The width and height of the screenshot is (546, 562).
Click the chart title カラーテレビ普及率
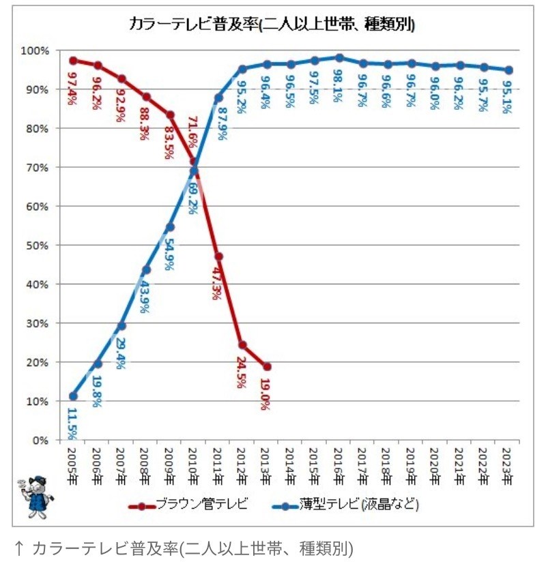pyautogui.click(x=272, y=25)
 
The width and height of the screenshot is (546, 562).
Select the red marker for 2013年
pyautogui.click(x=266, y=366)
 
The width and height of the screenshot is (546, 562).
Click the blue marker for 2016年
pyautogui.click(x=339, y=58)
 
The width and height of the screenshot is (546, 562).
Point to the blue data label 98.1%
pyautogui.click(x=339, y=85)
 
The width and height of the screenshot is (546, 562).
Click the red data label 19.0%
pyautogui.click(x=265, y=394)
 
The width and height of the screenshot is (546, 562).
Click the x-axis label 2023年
pyautogui.click(x=507, y=464)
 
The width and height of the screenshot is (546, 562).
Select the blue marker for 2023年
pyautogui.click(x=508, y=70)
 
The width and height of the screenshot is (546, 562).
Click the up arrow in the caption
pyautogui.click(x=20, y=548)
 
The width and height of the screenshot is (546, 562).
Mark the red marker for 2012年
pyautogui.click(x=242, y=345)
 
